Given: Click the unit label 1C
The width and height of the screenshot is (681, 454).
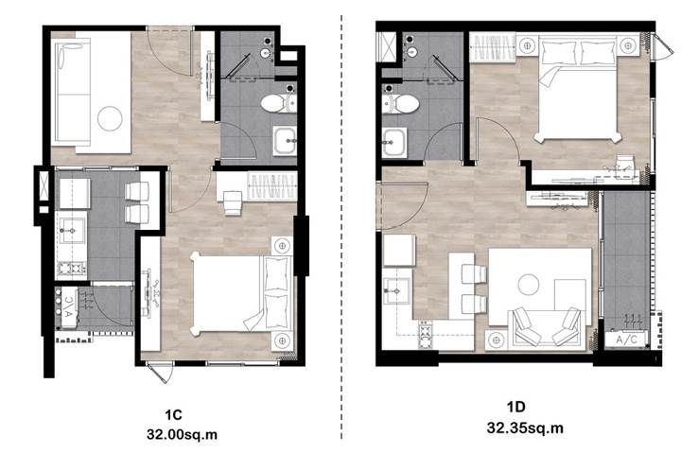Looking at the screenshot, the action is [173, 414].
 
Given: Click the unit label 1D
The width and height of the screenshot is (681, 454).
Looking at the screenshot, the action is [516, 407].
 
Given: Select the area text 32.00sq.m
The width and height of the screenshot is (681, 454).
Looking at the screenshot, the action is [182, 434].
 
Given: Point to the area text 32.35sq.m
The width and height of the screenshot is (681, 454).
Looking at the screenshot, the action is [525, 428].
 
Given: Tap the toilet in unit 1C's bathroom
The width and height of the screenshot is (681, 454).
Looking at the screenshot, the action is [279, 103].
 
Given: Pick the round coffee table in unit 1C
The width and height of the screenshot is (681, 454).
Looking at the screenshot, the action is [110, 118].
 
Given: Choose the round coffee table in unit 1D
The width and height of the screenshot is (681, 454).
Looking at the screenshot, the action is [529, 285].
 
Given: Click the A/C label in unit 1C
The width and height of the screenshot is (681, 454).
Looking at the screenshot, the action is [69, 307].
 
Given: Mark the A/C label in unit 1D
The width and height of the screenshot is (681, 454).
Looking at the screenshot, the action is [626, 340].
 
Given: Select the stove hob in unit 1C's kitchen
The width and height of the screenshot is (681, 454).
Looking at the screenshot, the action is [72, 268].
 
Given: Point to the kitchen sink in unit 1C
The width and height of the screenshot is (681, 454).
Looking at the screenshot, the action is [72, 230].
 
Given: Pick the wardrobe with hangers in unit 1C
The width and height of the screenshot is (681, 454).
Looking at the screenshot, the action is [271, 186].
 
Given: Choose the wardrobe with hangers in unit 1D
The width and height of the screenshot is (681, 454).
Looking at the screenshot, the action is [493, 47].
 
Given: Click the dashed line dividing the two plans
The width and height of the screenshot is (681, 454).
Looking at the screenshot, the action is [341, 226].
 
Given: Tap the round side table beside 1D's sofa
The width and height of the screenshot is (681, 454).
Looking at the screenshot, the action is [497, 340].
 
